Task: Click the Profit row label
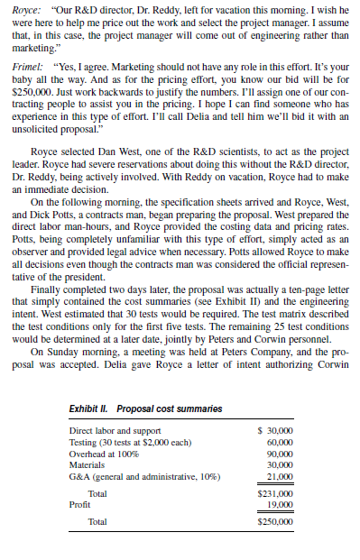point(80,505)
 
